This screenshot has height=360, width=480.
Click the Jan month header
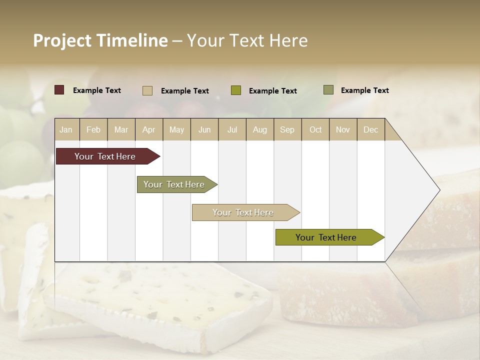(x=66, y=129)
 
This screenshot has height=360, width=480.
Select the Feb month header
(x=93, y=129)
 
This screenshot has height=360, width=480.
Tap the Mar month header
(x=121, y=129)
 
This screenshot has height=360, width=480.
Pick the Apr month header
(x=149, y=129)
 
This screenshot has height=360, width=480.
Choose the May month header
(x=176, y=129)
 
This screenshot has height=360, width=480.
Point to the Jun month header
(x=204, y=129)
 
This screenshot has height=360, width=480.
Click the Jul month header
(x=232, y=129)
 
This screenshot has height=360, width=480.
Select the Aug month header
(x=260, y=129)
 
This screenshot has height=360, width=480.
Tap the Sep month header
(x=287, y=129)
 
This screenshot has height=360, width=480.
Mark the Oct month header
(x=315, y=129)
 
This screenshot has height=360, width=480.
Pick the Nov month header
(x=343, y=129)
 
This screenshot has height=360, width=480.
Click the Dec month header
(x=371, y=129)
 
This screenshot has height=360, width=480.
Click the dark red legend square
(x=59, y=90)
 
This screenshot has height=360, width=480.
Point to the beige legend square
(x=147, y=90)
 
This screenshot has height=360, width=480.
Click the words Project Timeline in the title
(x=100, y=40)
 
